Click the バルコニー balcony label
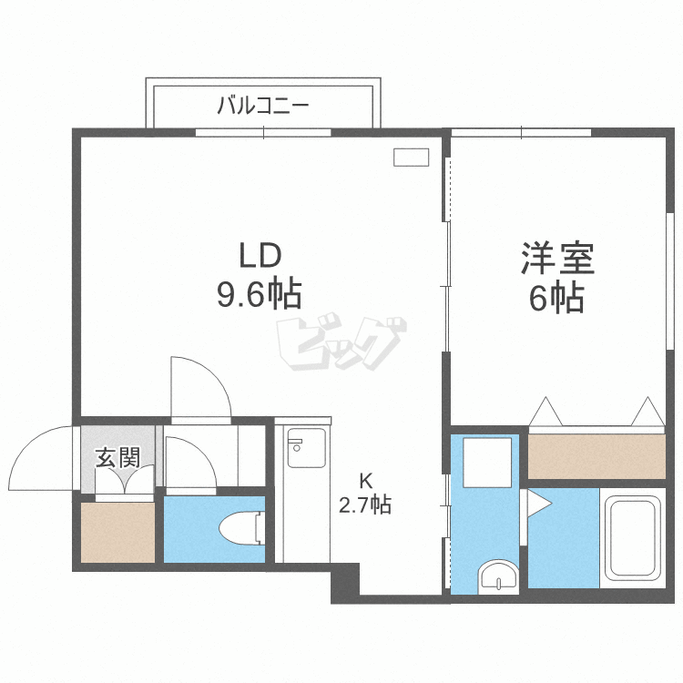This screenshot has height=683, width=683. pyautogui.click(x=262, y=106)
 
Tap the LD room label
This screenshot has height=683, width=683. pyautogui.click(x=261, y=255)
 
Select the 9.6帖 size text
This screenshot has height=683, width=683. pyautogui.click(x=260, y=294)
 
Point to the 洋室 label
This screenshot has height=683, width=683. pyautogui.click(x=557, y=259)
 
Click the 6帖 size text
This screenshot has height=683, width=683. pyautogui.click(x=556, y=298)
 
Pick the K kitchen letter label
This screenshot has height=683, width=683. pyautogui.click(x=365, y=481)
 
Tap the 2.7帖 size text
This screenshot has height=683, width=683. pyautogui.click(x=365, y=505)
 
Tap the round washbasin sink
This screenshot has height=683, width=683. pyautogui.click(x=499, y=576)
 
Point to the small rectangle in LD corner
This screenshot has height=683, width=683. pyautogui.click(x=411, y=157)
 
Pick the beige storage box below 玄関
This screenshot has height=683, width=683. pyautogui.click(x=117, y=532)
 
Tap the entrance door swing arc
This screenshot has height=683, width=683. pyautogui.click(x=41, y=460)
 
